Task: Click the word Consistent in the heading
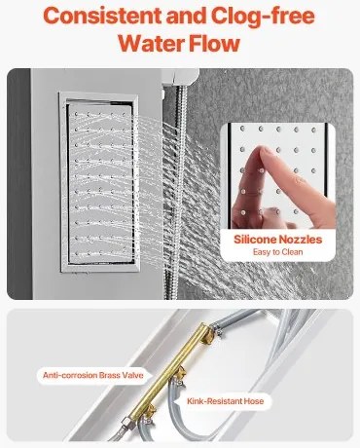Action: (x=102, y=16)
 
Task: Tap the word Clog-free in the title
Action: (x=263, y=17)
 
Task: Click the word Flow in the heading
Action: (x=214, y=43)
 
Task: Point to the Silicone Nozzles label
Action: (x=278, y=240)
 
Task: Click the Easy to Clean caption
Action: (x=278, y=252)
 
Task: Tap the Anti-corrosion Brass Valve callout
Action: (x=93, y=376)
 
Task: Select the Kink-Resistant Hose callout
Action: (x=225, y=401)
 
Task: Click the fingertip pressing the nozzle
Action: (x=262, y=153)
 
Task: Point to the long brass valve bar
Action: (x=172, y=371)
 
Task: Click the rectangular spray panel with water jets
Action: (x=100, y=182)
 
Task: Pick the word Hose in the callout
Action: (x=254, y=401)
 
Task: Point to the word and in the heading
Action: (x=187, y=16)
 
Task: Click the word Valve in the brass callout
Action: (x=132, y=376)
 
